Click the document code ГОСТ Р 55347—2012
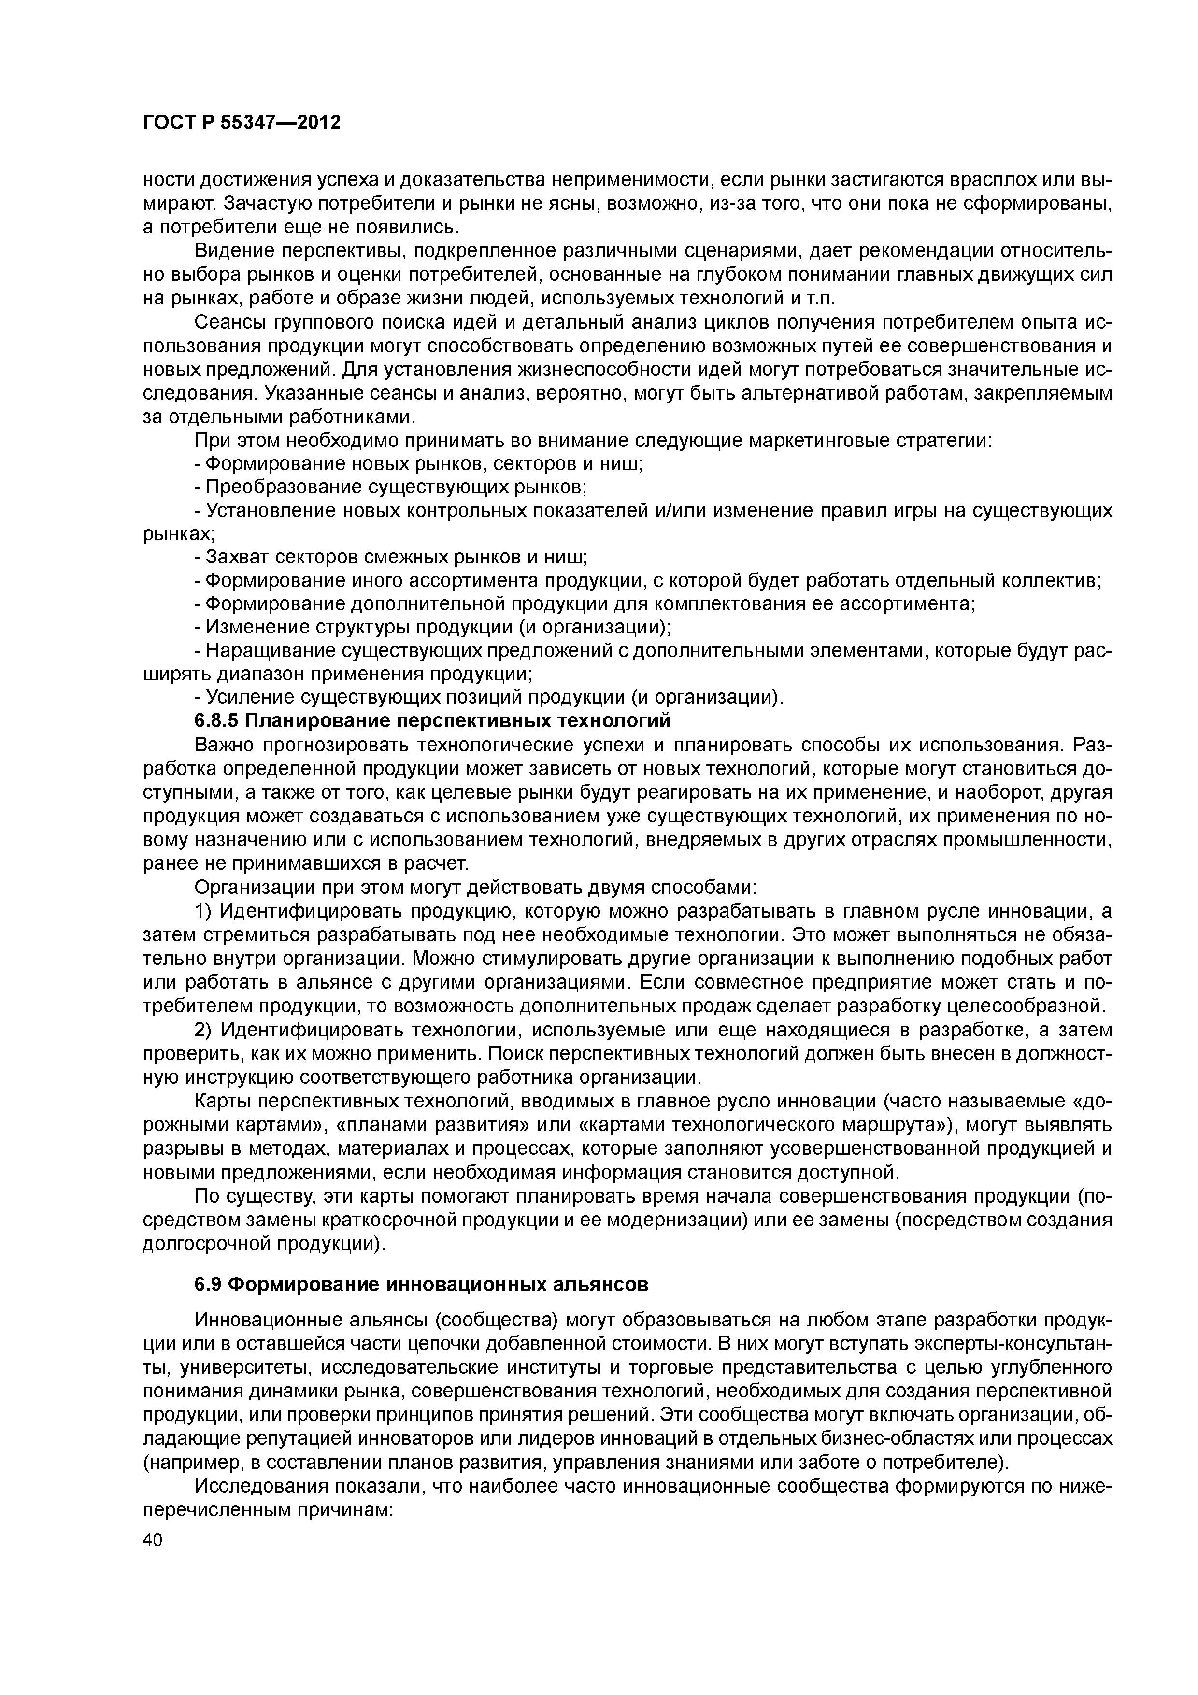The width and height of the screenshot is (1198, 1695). click(x=242, y=123)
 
